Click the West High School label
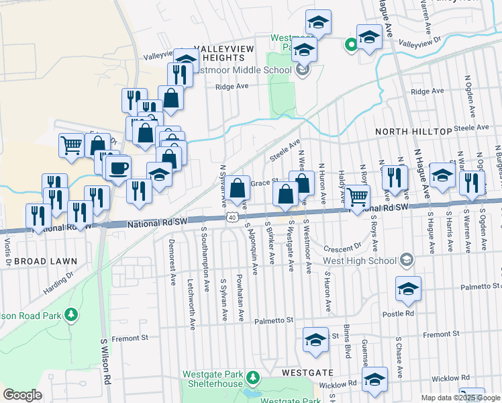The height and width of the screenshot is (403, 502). pyautogui.click(x=360, y=261)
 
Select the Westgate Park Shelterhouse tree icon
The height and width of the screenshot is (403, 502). pyautogui.click(x=252, y=377)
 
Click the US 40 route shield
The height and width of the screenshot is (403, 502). pyautogui.click(x=232, y=218)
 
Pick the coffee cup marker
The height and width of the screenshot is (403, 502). pyautogui.click(x=119, y=167)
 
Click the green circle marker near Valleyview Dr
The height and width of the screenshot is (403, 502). pyautogui.click(x=350, y=45)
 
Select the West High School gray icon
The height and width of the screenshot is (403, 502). pyautogui.click(x=406, y=259)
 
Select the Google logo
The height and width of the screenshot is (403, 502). pyautogui.click(x=22, y=395)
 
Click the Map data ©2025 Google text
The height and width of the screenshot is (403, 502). pyautogui.click(x=460, y=398)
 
